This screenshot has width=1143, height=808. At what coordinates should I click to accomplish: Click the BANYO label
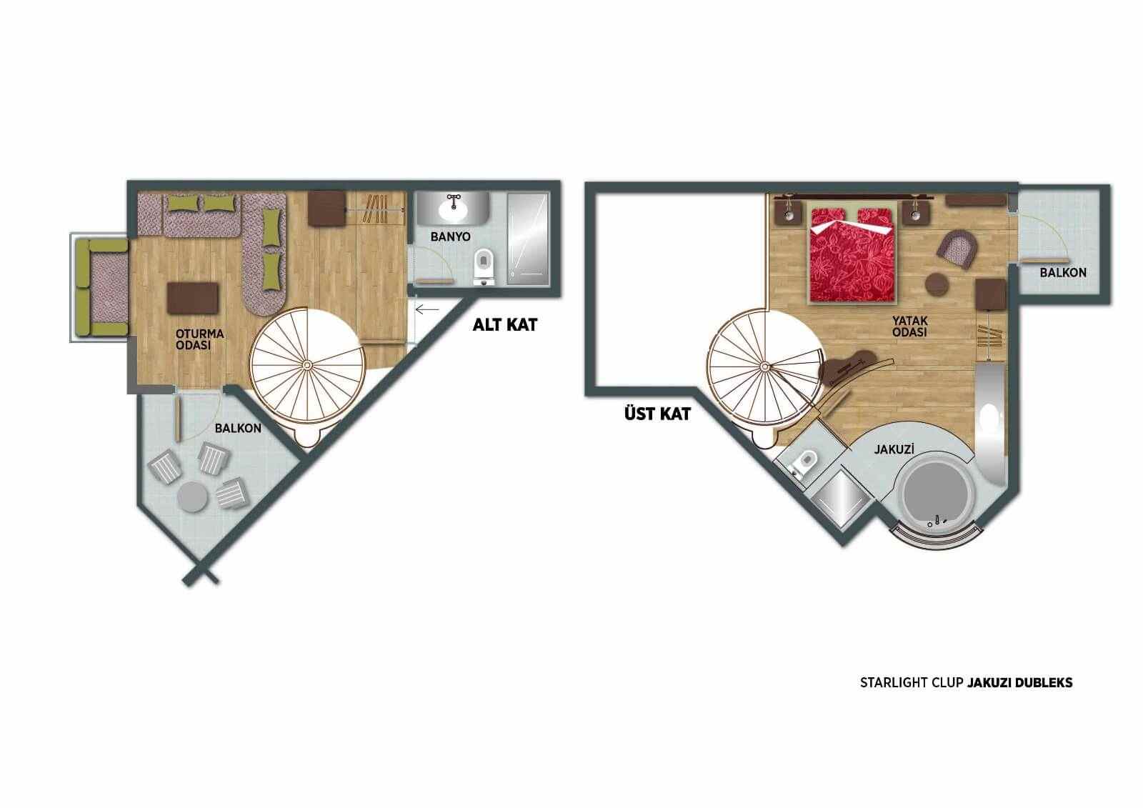pyautogui.click(x=450, y=237)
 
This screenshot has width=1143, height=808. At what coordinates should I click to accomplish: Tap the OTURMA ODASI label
pyautogui.click(x=199, y=339)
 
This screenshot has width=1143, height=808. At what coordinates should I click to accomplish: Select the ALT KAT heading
pyautogui.click(x=504, y=325)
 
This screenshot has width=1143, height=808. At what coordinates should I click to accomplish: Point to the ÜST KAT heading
pyautogui.click(x=657, y=414)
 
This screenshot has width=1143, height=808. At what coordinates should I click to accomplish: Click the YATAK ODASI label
pyautogui.click(x=910, y=326)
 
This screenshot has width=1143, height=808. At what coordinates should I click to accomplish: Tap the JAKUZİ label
pyautogui.click(x=894, y=449)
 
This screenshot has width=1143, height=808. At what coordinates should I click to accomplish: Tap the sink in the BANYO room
pyautogui.click(x=453, y=209)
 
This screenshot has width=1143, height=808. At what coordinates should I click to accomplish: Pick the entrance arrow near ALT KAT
pyautogui.click(x=427, y=309)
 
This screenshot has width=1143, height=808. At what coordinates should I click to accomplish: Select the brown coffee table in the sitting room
pyautogui.click(x=193, y=299)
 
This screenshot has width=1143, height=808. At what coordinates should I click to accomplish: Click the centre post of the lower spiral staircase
pyautogui.click(x=307, y=364)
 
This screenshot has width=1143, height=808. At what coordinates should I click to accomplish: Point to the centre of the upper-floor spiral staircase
pyautogui.click(x=764, y=366)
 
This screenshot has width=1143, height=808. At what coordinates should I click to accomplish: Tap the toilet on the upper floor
pyautogui.click(x=803, y=463)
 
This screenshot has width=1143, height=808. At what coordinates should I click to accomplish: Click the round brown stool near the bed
pyautogui.click(x=937, y=284)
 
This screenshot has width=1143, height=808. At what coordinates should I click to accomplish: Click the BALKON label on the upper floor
pyautogui.click(x=1063, y=273)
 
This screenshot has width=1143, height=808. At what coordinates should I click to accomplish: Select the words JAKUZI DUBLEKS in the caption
pyautogui.click(x=1019, y=683)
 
